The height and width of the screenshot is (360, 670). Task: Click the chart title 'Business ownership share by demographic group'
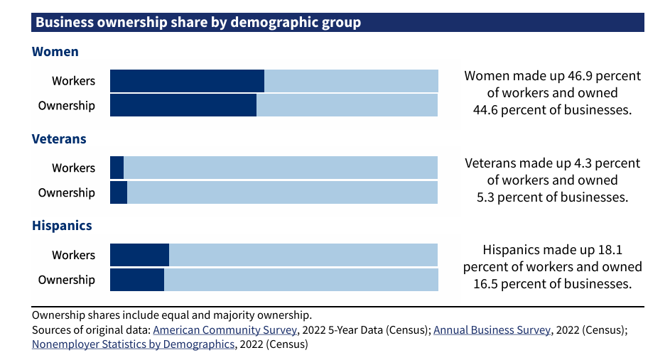pos(198,23)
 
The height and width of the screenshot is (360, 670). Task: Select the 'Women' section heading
pos(55,52)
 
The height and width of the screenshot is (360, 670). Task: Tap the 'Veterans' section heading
pos(59,139)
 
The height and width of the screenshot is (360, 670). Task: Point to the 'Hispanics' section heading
pos(62,226)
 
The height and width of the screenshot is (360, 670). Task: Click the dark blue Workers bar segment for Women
pos(187,81)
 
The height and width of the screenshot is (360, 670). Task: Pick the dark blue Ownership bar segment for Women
pos(183,105)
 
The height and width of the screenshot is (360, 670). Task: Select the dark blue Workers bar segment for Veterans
pos(117,168)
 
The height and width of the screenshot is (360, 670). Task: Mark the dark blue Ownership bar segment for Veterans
pos(119,192)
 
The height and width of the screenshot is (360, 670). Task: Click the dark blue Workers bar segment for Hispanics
pos(139,255)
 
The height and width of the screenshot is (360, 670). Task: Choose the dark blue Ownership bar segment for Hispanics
pos(137,279)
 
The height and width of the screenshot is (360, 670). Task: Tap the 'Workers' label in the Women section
pos(73,81)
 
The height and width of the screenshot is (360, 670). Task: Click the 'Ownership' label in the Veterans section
pos(66,193)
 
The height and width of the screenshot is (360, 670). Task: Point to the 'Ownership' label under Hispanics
pos(66,280)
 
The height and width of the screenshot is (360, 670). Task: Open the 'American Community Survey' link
pos(225,330)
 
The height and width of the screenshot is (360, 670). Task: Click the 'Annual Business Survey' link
pos(492,330)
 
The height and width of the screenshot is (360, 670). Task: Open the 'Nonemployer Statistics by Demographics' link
pos(133,344)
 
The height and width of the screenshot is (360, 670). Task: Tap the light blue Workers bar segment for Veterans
pos(281,168)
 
